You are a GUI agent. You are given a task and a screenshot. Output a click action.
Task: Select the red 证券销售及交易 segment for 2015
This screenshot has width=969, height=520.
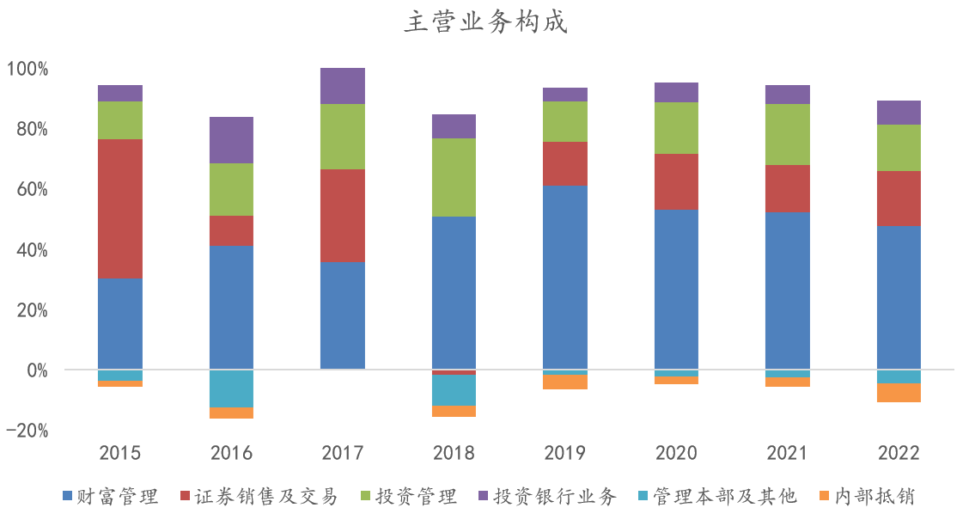(120, 208)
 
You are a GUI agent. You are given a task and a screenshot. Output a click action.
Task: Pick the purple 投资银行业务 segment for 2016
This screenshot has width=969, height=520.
(231, 140)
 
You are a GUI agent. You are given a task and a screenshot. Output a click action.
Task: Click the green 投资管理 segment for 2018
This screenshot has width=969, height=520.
(454, 177)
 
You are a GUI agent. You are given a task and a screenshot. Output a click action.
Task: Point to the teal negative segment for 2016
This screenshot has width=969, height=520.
(231, 388)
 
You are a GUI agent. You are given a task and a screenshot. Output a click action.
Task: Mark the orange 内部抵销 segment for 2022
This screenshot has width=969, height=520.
(899, 393)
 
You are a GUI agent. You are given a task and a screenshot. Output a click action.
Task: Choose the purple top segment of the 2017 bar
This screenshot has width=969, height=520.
(342, 86)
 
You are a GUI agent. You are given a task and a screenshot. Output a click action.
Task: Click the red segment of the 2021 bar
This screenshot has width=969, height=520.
(787, 189)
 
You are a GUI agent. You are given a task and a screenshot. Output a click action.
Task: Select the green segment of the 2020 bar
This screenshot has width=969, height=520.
(676, 128)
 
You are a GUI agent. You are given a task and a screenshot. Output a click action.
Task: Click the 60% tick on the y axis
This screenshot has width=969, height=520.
(32, 189)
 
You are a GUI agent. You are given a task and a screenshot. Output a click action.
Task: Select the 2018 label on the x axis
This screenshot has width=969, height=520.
(454, 453)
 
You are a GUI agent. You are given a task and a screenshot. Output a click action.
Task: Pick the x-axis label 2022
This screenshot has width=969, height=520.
(899, 453)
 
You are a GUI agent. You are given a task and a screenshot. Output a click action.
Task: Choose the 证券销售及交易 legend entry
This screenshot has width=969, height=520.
(258, 496)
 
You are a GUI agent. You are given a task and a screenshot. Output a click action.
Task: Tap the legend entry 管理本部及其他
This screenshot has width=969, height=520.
(717, 496)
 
